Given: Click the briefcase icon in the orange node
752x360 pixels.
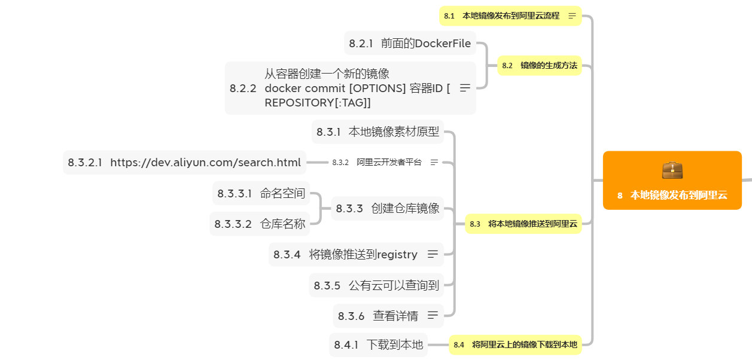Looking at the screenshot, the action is tap(672, 170).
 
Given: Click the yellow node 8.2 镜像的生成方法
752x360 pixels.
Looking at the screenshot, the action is tap(540, 66).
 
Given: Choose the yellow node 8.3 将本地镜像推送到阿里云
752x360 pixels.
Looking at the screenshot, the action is tap(523, 224).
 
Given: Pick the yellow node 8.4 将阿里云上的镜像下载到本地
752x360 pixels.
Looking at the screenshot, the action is tap(515, 344).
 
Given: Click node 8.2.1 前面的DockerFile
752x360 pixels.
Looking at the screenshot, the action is tap(410, 44).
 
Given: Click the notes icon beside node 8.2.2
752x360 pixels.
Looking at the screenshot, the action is tap(465, 88).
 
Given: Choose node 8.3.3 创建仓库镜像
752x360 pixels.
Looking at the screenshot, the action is tap(388, 209).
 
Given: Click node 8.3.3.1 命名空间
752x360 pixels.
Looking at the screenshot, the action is tap(261, 193).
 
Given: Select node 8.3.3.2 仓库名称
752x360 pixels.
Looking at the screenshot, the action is tap(260, 224).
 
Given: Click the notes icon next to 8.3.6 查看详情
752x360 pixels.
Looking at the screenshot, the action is tap(433, 315).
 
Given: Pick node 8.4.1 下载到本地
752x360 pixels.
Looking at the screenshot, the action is tap(378, 344).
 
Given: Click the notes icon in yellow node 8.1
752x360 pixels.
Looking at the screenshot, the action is tap(573, 16).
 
